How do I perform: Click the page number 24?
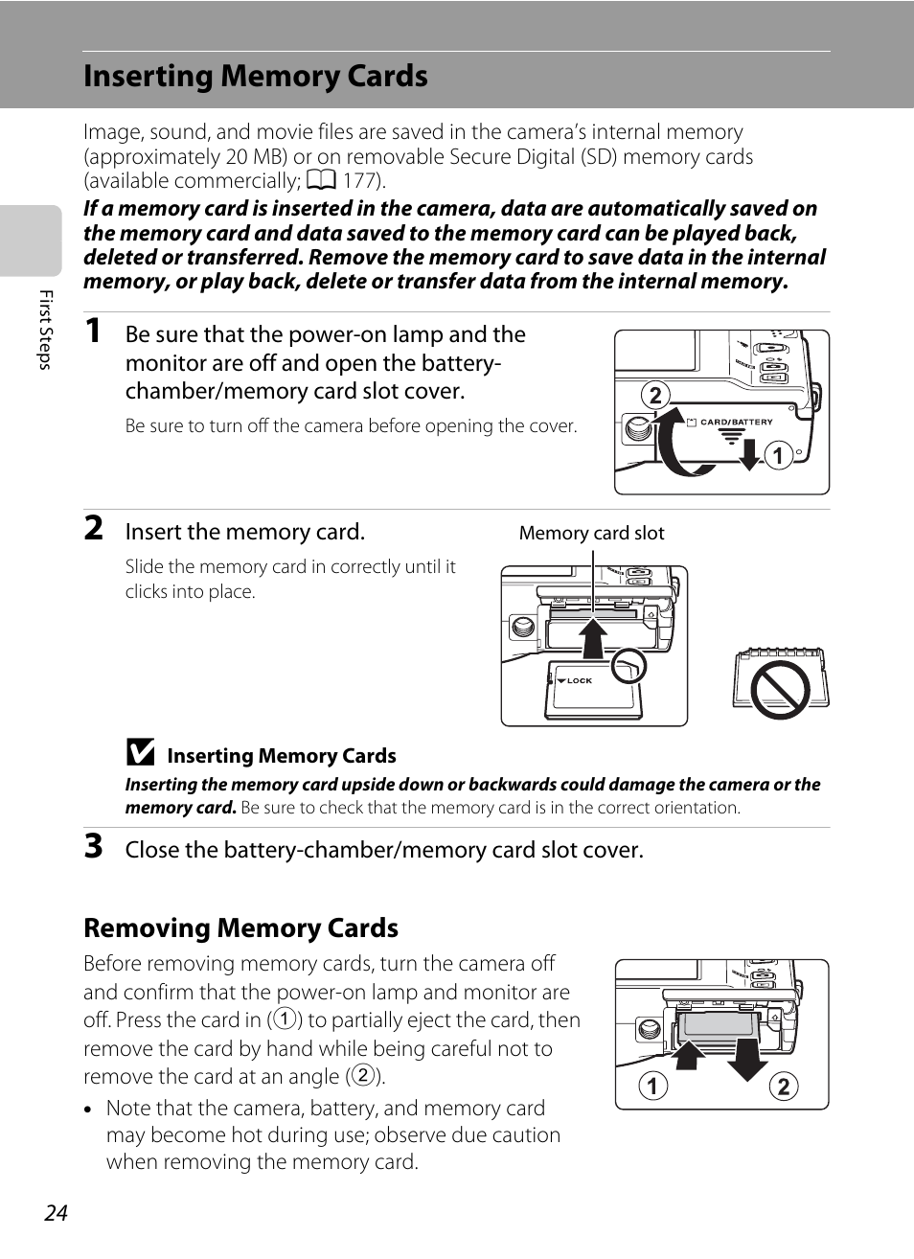point(56,1213)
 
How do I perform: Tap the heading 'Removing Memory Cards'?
point(240,928)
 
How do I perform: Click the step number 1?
point(93,331)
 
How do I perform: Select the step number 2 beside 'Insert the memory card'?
point(93,528)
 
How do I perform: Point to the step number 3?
point(93,846)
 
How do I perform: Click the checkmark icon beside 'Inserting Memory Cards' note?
point(140,752)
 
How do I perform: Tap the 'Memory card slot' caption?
point(591,534)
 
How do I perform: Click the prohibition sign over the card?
point(781,689)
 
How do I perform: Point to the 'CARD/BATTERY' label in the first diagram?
point(736,422)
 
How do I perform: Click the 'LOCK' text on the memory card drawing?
point(579,680)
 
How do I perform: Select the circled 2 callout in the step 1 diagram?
point(655,396)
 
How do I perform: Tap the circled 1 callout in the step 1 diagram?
point(779,455)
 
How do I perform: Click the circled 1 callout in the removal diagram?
point(653,1086)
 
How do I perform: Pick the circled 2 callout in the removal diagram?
point(784,1086)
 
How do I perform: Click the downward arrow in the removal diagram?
point(747,1054)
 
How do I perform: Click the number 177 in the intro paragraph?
point(360,181)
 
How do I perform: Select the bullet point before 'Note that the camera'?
point(88,1110)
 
